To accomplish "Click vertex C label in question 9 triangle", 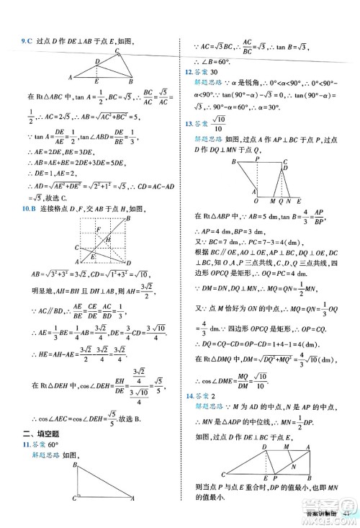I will coord(117,51).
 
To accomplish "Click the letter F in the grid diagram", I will coord(98,229).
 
